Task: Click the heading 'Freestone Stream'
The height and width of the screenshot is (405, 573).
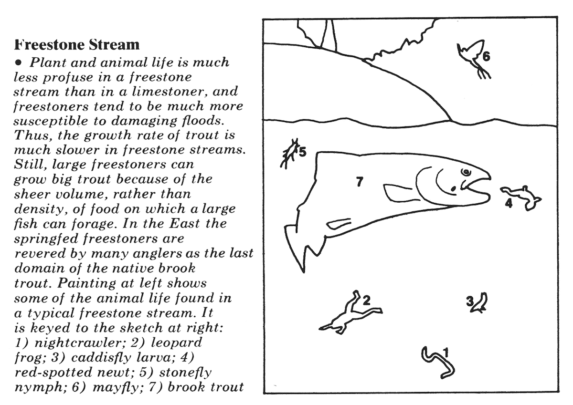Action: [x=77, y=45]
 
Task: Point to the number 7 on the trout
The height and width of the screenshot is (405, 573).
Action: [x=360, y=181]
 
